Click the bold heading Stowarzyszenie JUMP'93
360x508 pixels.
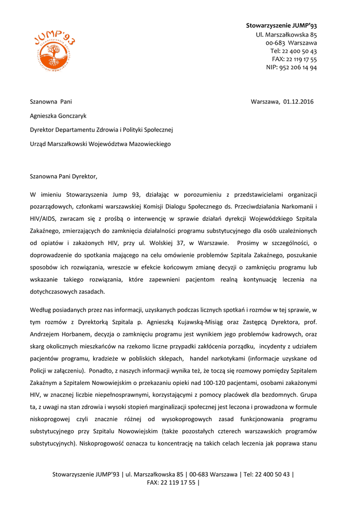pos(281,25)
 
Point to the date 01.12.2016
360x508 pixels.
pos(298,102)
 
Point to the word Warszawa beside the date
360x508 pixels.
pos(265,102)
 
